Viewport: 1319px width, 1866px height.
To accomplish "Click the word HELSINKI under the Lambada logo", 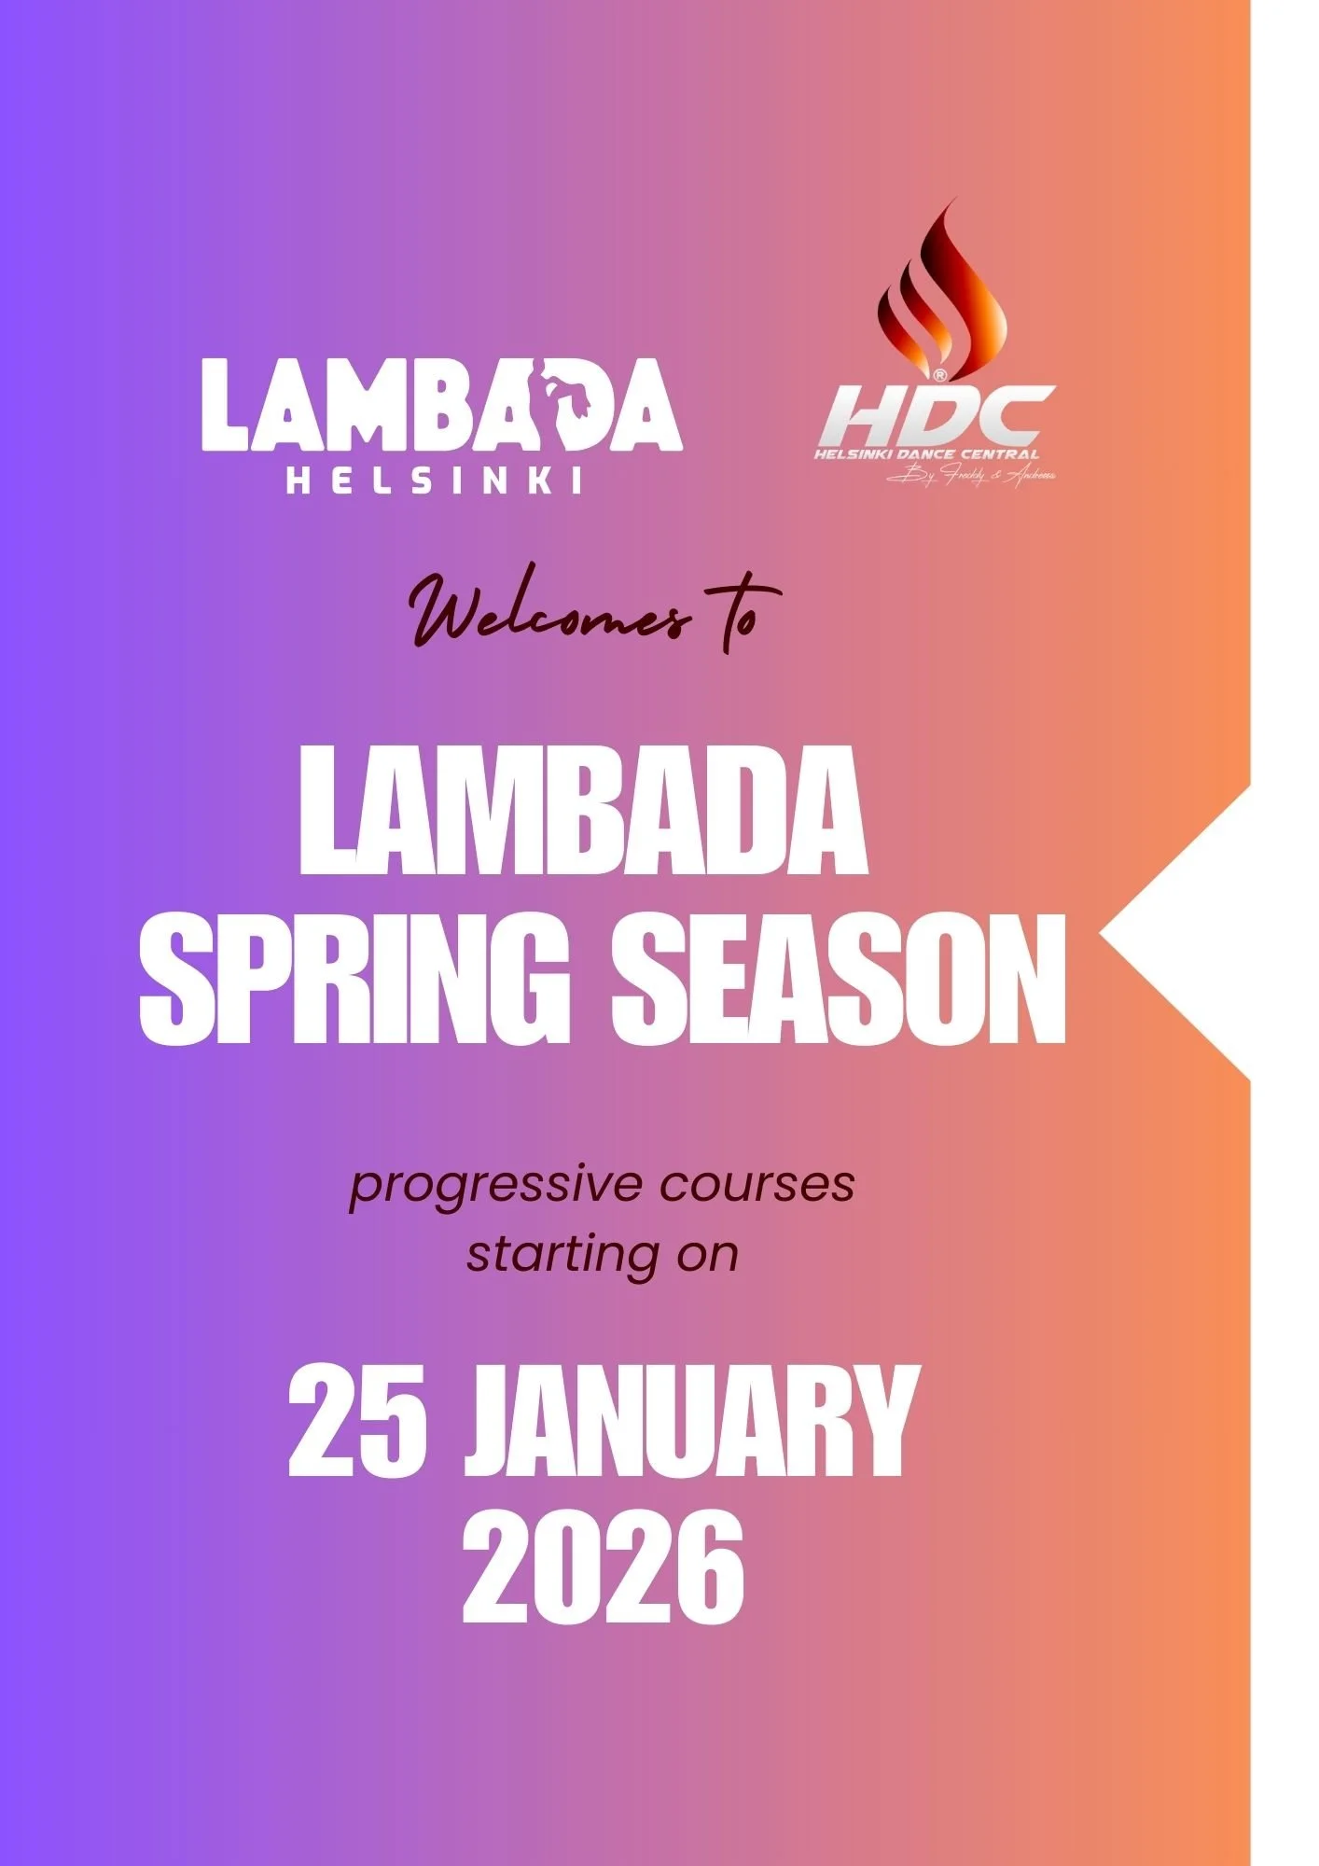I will (x=434, y=480).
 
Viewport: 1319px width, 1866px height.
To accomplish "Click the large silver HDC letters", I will (x=936, y=417).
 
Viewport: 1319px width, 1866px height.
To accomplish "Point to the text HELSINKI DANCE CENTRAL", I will (x=925, y=454).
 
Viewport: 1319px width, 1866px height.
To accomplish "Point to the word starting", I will (x=565, y=1256).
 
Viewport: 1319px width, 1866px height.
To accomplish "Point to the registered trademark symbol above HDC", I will (x=939, y=375).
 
